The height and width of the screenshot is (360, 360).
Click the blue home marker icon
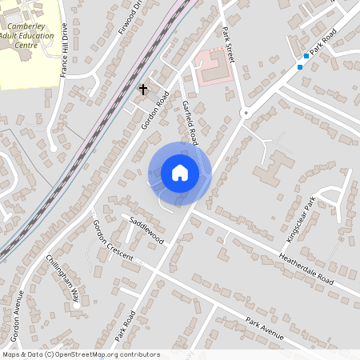click(180, 173)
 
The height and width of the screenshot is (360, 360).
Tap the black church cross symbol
click(144, 89)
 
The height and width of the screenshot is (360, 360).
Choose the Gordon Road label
click(157, 110)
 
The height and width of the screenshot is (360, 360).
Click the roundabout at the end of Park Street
click(246, 113)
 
